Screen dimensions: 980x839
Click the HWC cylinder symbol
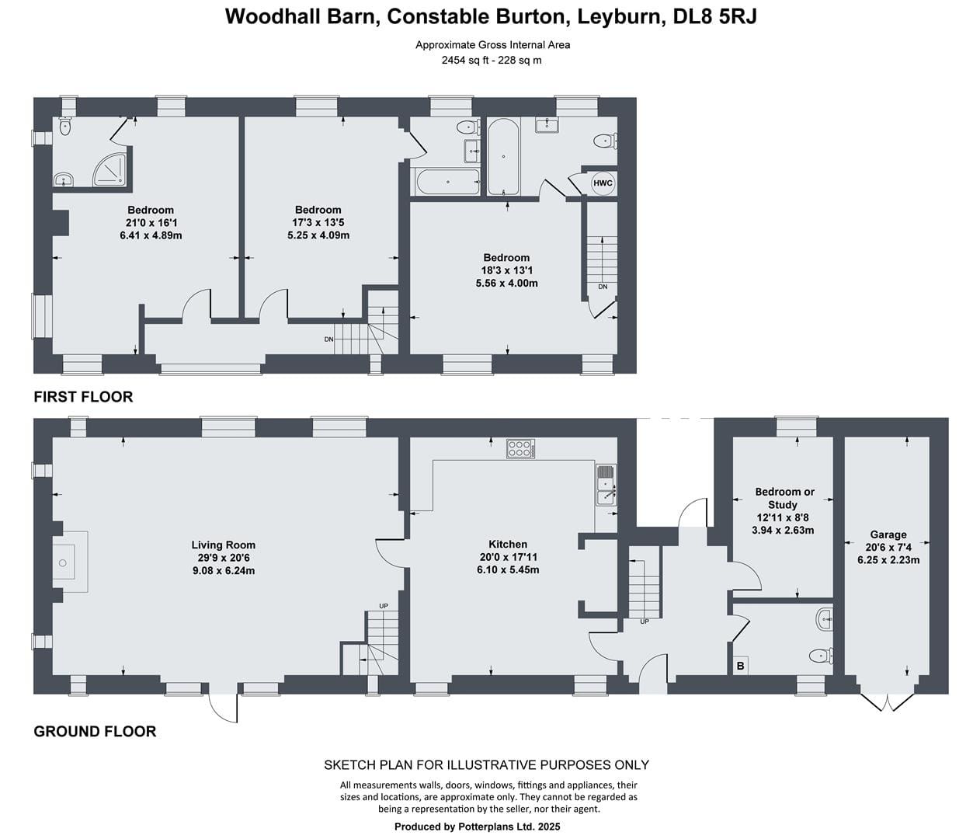[x=603, y=183]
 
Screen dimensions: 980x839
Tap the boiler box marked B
[x=740, y=667]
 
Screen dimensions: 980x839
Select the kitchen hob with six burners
[x=520, y=449]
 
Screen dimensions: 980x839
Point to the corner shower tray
[x=109, y=169]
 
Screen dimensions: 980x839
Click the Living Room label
[x=224, y=545]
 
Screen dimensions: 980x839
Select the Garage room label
[x=888, y=534]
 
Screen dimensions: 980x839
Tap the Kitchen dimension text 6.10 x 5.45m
[x=508, y=569]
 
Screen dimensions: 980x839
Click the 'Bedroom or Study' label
[x=784, y=498]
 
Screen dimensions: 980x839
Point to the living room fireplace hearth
[x=71, y=562]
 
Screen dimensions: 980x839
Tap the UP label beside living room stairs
[x=384, y=606]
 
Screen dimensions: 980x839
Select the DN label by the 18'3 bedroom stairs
[x=603, y=287]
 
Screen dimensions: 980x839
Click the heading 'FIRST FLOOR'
[x=83, y=396]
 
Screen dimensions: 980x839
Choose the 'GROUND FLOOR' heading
[x=95, y=731]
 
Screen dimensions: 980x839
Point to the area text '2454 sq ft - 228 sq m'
[x=492, y=61]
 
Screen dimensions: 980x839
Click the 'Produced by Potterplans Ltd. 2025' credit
[x=477, y=827]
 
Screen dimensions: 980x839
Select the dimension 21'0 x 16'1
[x=151, y=222]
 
